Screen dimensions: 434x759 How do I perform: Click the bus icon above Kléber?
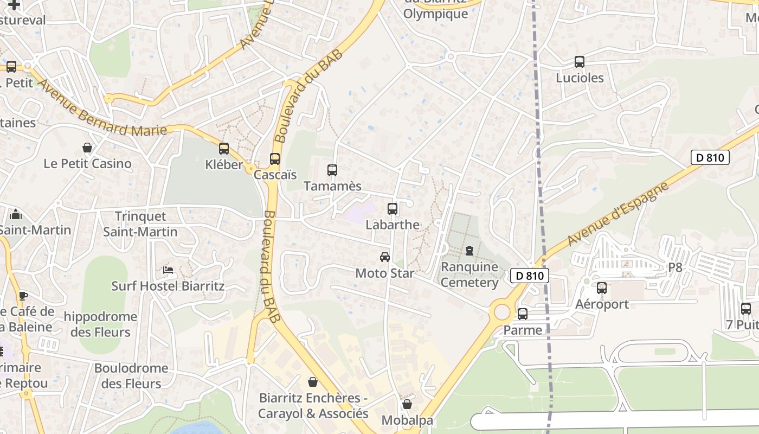(224, 148)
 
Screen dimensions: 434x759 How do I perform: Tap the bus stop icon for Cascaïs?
(275, 159)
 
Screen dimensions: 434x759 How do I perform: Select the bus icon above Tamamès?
(332, 170)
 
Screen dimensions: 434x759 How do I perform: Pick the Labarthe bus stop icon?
(393, 208)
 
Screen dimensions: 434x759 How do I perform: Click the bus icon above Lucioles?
(580, 62)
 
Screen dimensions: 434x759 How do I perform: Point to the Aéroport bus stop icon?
(602, 288)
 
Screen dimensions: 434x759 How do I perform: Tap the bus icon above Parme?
(523, 314)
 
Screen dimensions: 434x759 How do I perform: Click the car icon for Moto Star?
(385, 257)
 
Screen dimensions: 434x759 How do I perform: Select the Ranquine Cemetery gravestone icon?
(469, 251)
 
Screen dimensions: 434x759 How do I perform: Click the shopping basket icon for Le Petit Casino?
(87, 148)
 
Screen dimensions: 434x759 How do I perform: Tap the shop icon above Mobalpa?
(407, 404)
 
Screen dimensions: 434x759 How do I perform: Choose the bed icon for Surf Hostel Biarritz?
(168, 270)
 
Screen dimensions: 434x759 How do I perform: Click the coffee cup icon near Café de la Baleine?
(23, 296)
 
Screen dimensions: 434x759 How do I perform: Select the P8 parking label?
(675, 267)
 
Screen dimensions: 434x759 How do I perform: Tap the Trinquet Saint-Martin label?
(140, 224)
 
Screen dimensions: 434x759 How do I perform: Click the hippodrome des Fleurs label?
(100, 324)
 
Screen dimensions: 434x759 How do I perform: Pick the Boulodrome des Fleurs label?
(131, 375)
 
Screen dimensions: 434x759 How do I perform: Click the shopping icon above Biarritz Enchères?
(312, 382)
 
